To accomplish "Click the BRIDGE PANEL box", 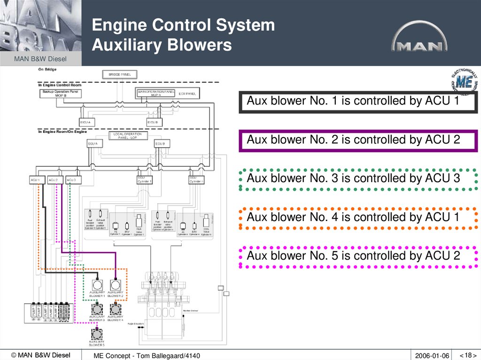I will coord(119,74).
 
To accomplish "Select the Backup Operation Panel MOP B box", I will coord(61,93).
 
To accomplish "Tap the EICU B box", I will coord(155,123).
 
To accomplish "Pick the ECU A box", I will coord(93,144).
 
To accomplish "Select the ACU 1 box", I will coord(38,180).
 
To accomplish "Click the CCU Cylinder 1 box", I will coord(145,180).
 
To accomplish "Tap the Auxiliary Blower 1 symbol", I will coord(97,285).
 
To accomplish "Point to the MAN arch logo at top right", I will coord(419,37).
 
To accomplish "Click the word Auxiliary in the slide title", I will coord(120,45).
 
